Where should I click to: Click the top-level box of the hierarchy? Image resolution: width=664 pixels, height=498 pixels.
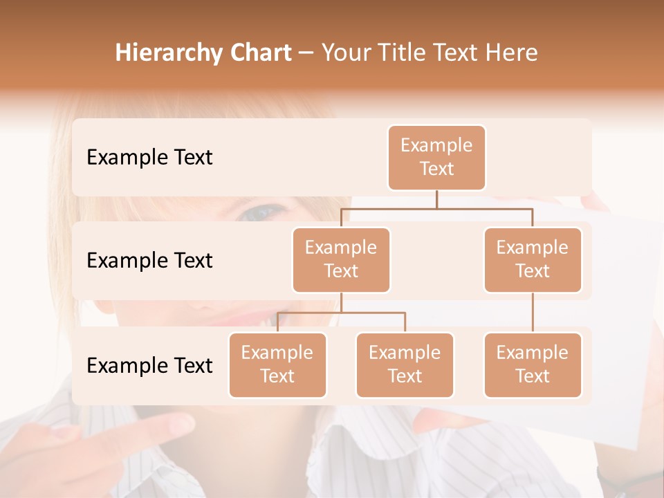click(436, 158)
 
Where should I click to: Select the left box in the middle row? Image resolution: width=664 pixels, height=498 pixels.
click(341, 259)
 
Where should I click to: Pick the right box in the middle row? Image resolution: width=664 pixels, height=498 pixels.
click(533, 259)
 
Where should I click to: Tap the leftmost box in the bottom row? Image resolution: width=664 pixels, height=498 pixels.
click(277, 365)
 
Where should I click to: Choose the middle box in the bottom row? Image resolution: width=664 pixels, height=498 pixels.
click(405, 365)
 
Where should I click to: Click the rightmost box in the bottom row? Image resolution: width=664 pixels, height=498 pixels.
click(533, 365)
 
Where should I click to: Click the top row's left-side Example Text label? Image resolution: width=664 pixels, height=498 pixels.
click(149, 158)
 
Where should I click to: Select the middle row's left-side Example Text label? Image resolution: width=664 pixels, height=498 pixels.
click(149, 261)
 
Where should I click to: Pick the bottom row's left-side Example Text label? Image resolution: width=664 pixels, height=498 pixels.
click(149, 365)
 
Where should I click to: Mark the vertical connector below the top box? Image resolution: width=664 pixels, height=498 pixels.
click(436, 199)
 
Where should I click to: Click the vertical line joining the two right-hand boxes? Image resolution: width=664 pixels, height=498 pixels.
click(533, 313)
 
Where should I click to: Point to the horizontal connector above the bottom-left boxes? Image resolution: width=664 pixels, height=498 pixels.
click(341, 313)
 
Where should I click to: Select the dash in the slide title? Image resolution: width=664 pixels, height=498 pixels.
click(306, 54)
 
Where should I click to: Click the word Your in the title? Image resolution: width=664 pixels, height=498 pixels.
click(344, 53)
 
